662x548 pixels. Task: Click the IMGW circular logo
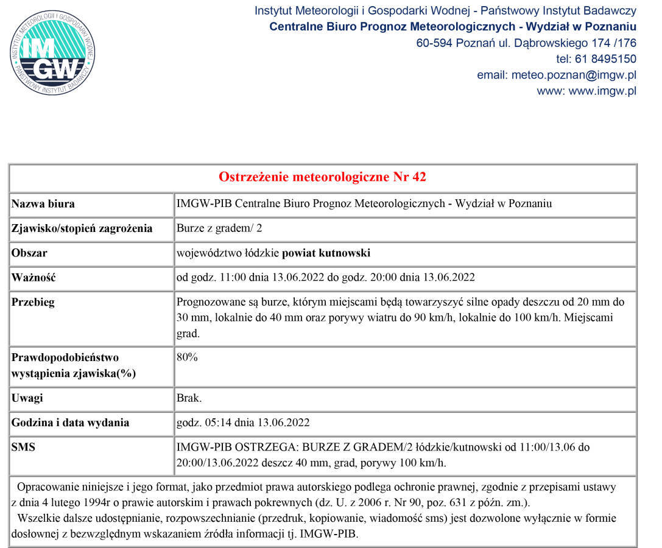[52, 52]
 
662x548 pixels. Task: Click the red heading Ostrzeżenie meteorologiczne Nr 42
[322, 177]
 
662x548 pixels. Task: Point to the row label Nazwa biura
[43, 204]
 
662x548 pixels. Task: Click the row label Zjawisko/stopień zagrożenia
[82, 229]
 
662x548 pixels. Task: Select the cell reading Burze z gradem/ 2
[219, 229]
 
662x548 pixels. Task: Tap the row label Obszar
[29, 253]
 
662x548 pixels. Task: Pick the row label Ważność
[33, 278]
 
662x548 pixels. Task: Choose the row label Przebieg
[33, 303]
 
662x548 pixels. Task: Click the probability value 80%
[187, 357]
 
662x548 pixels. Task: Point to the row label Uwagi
[27, 399]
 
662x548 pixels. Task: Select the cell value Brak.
[189, 399]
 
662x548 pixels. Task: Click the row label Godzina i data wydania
[70, 423]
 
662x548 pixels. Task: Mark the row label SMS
[23, 448]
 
